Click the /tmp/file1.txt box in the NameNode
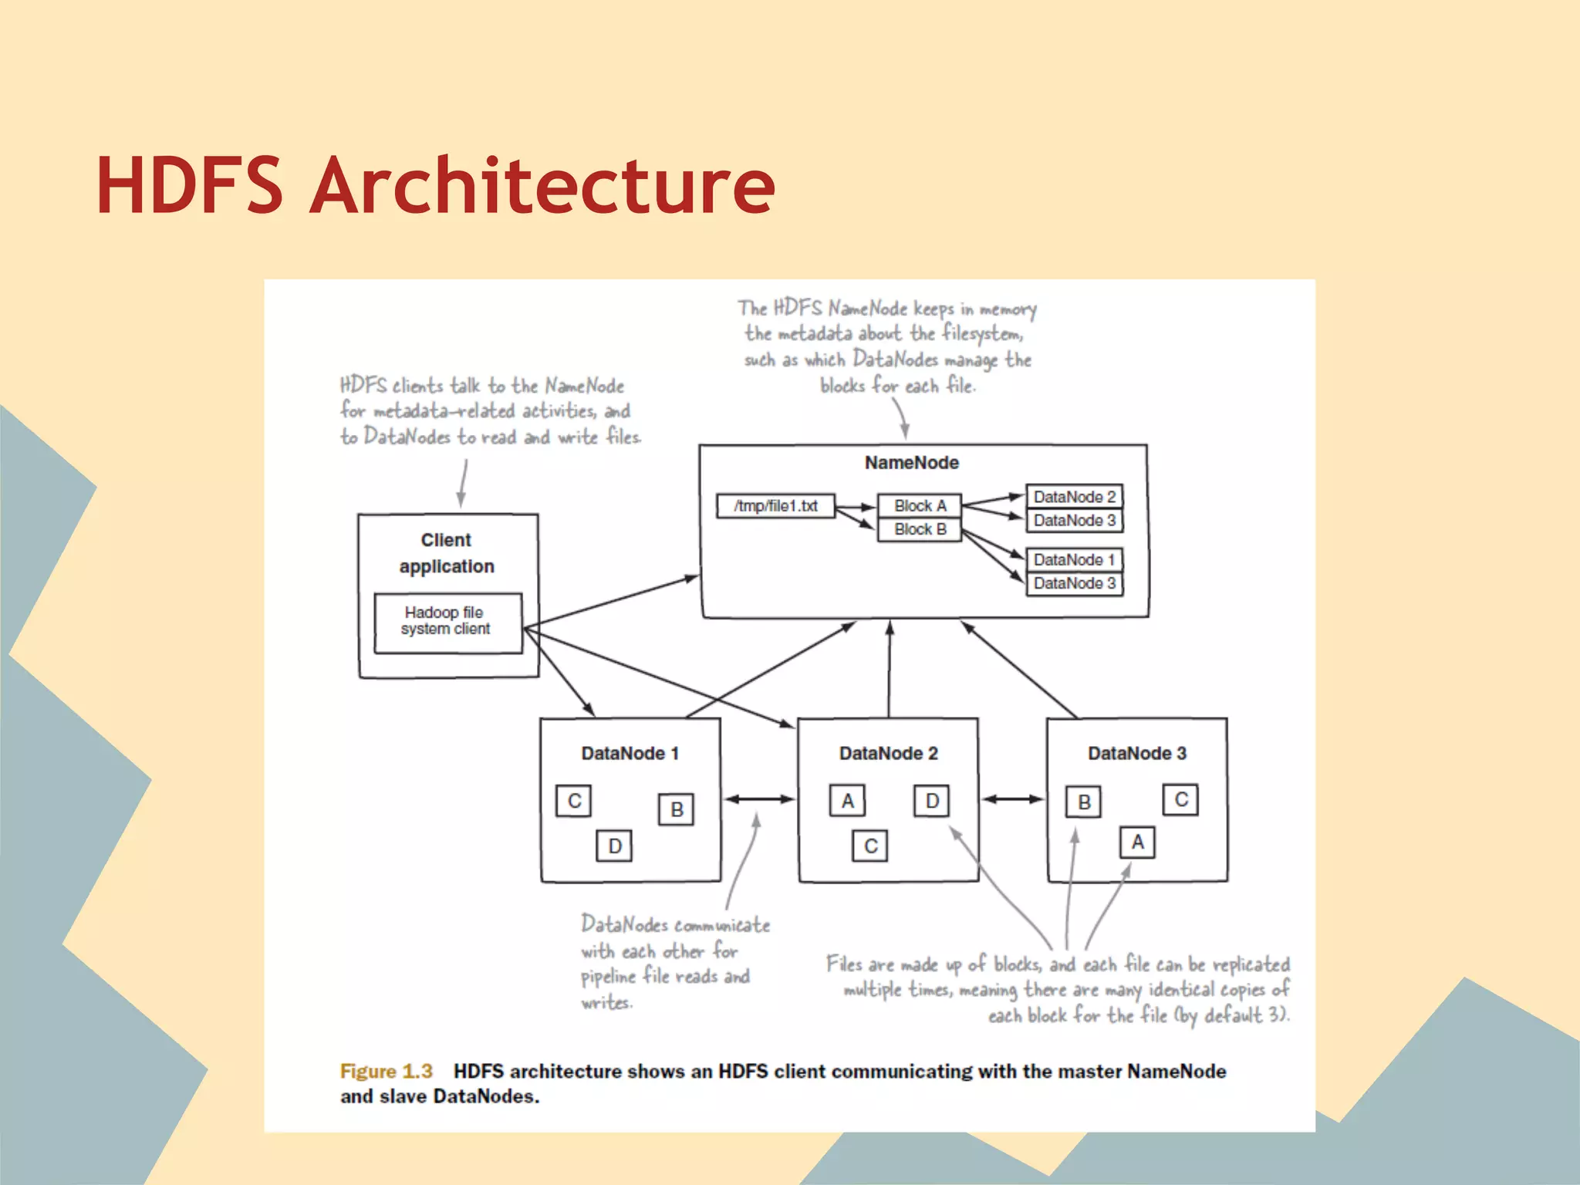[775, 506]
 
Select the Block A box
[920, 505]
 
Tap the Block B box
[920, 529]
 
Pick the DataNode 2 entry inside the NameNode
[1074, 497]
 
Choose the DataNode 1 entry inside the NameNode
[1074, 559]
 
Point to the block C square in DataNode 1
[574, 801]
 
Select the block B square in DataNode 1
[677, 809]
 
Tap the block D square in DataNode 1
[615, 846]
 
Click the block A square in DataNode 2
[848, 801]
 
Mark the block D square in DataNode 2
[932, 801]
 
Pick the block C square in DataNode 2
[871, 846]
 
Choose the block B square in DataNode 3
[1084, 802]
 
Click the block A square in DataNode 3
[1138, 842]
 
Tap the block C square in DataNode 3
[1181, 799]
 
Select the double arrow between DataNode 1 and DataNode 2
[760, 799]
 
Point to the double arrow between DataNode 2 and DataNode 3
[1013, 799]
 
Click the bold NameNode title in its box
[911, 462]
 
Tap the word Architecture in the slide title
[542, 186]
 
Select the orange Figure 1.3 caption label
[386, 1071]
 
